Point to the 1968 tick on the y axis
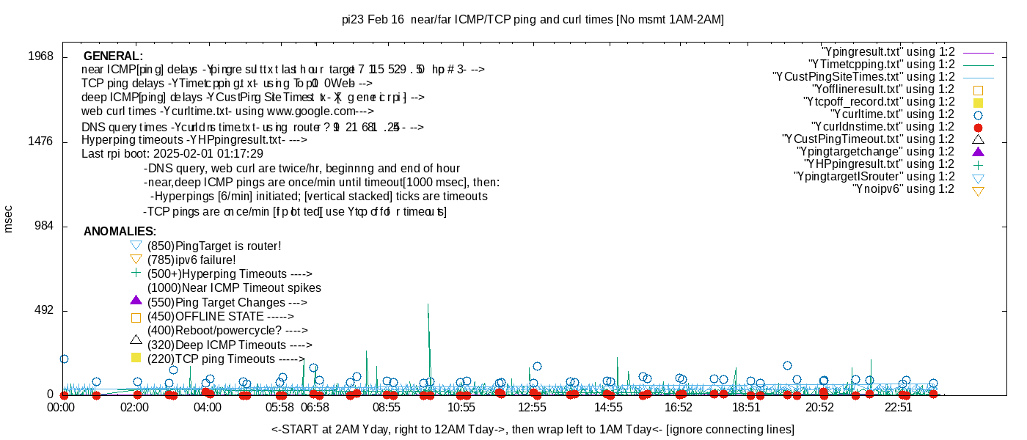pyautogui.click(x=40, y=56)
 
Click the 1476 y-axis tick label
pyautogui.click(x=40, y=142)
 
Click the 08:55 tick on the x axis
pyautogui.click(x=387, y=406)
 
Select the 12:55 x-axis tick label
pyautogui.click(x=532, y=406)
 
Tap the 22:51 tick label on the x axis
pyautogui.click(x=899, y=406)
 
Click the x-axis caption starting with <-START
pyautogui.click(x=533, y=429)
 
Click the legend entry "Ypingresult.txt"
pyautogui.click(x=888, y=52)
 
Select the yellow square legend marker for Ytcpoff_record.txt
pyautogui.click(x=978, y=102)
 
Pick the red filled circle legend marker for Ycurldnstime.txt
pyautogui.click(x=978, y=127)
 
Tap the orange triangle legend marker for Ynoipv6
pyautogui.click(x=978, y=191)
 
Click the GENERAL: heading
pyautogui.click(x=113, y=56)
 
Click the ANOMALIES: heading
pyautogui.click(x=120, y=232)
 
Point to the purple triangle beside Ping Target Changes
pyautogui.click(x=135, y=300)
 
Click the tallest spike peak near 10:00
pyautogui.click(x=428, y=304)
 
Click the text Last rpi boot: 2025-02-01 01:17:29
pyautogui.click(x=172, y=154)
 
